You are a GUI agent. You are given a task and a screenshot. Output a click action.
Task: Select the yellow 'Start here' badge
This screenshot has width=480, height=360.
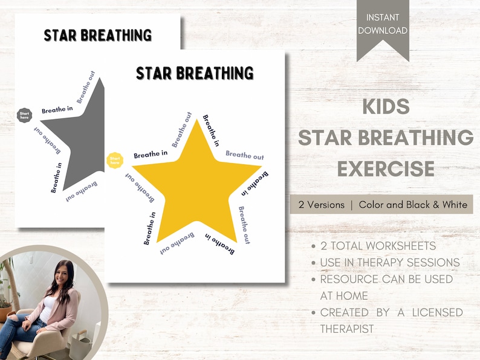pyautogui.click(x=114, y=160)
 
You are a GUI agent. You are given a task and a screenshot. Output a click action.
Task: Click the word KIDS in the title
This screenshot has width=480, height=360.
pyautogui.click(x=386, y=107)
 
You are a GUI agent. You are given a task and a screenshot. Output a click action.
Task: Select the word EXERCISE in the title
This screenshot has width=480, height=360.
pyautogui.click(x=386, y=169)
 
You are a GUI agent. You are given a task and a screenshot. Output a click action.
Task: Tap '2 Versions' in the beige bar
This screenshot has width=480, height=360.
pyautogui.click(x=320, y=204)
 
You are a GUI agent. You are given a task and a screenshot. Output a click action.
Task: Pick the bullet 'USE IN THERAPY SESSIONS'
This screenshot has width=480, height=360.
pyautogui.click(x=390, y=263)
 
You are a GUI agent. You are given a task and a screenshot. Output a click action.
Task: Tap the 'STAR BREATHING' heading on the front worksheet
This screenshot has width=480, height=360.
pyautogui.click(x=195, y=73)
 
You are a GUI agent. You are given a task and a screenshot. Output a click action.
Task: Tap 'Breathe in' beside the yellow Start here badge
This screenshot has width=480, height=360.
pyautogui.click(x=151, y=155)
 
